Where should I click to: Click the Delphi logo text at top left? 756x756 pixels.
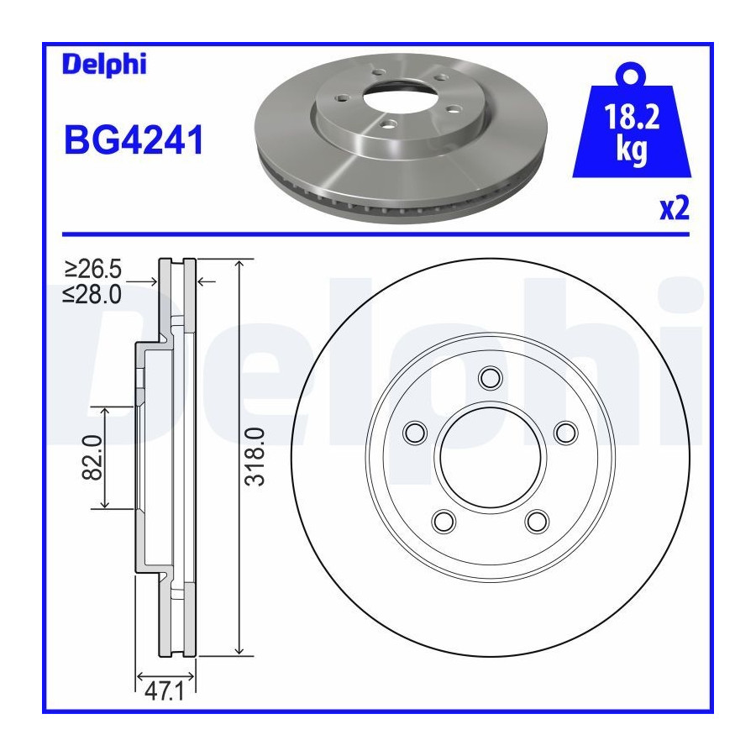[104, 65]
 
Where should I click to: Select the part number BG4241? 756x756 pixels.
[134, 139]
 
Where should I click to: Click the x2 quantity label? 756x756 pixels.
[675, 209]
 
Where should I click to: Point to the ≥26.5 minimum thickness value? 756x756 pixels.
[93, 269]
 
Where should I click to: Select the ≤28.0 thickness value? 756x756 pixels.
[92, 294]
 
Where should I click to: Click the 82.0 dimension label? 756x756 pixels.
[93, 457]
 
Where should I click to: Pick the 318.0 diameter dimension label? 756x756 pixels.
[255, 456]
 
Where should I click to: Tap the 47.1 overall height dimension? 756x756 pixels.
[165, 692]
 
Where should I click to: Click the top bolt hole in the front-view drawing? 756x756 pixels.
[491, 377]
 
